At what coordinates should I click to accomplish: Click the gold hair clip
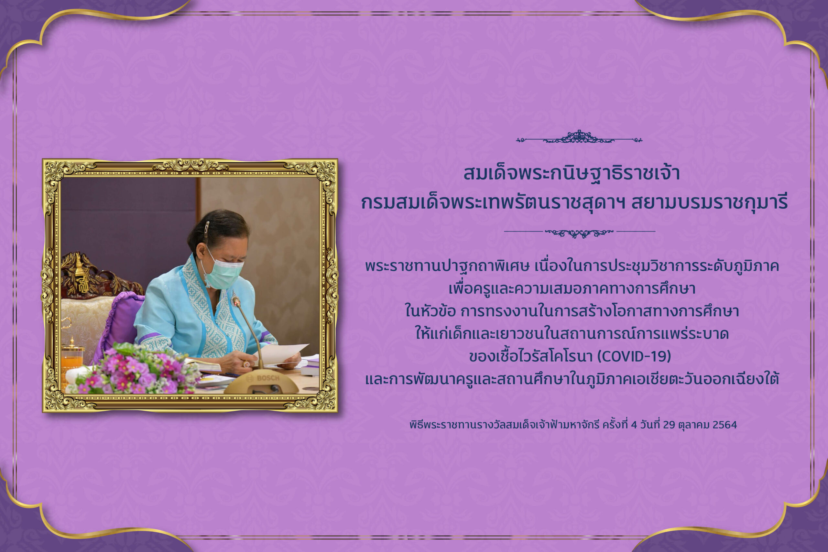[207, 229]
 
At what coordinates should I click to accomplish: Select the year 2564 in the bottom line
[724, 425]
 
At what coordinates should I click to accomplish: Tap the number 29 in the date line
[669, 425]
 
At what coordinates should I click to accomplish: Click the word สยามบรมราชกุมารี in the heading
[709, 203]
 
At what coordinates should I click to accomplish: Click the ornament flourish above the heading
[579, 138]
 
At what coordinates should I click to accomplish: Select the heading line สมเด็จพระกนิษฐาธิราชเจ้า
[572, 173]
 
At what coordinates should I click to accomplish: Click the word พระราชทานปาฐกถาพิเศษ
[447, 266]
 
